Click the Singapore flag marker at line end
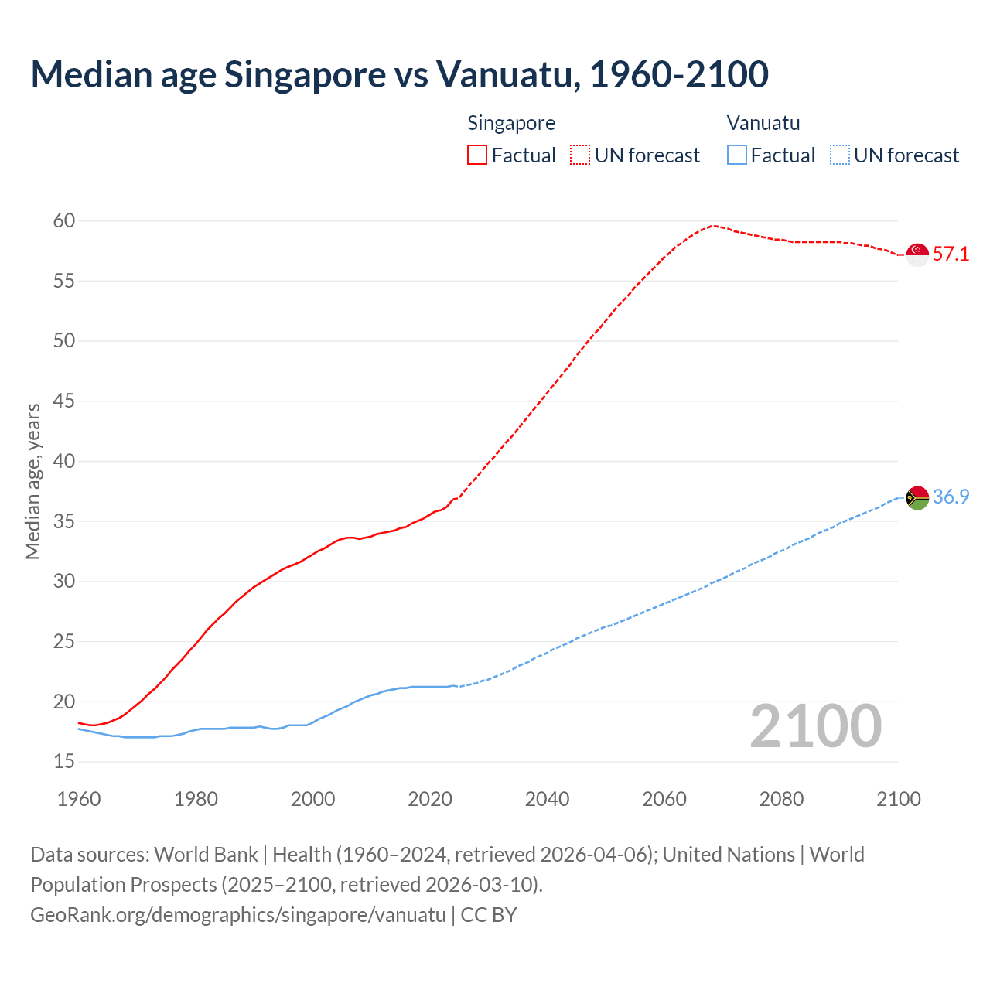(x=917, y=254)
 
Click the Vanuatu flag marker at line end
(x=917, y=497)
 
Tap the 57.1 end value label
(x=951, y=254)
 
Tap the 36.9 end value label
(x=951, y=497)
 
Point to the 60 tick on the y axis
(x=64, y=221)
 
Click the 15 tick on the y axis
(x=64, y=762)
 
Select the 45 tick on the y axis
(x=64, y=401)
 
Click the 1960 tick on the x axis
(x=79, y=799)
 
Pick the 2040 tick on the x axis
(x=547, y=799)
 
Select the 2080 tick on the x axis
(x=781, y=799)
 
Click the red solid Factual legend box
(x=477, y=155)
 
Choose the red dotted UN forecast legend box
(x=580, y=155)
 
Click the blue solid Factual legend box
(x=737, y=155)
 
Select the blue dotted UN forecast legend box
(x=839, y=155)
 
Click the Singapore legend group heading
(x=511, y=123)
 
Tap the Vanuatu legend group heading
(x=763, y=123)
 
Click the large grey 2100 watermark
(x=815, y=726)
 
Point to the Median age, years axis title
(x=32, y=481)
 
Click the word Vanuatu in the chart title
(x=507, y=74)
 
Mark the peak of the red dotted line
(x=713, y=225)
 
